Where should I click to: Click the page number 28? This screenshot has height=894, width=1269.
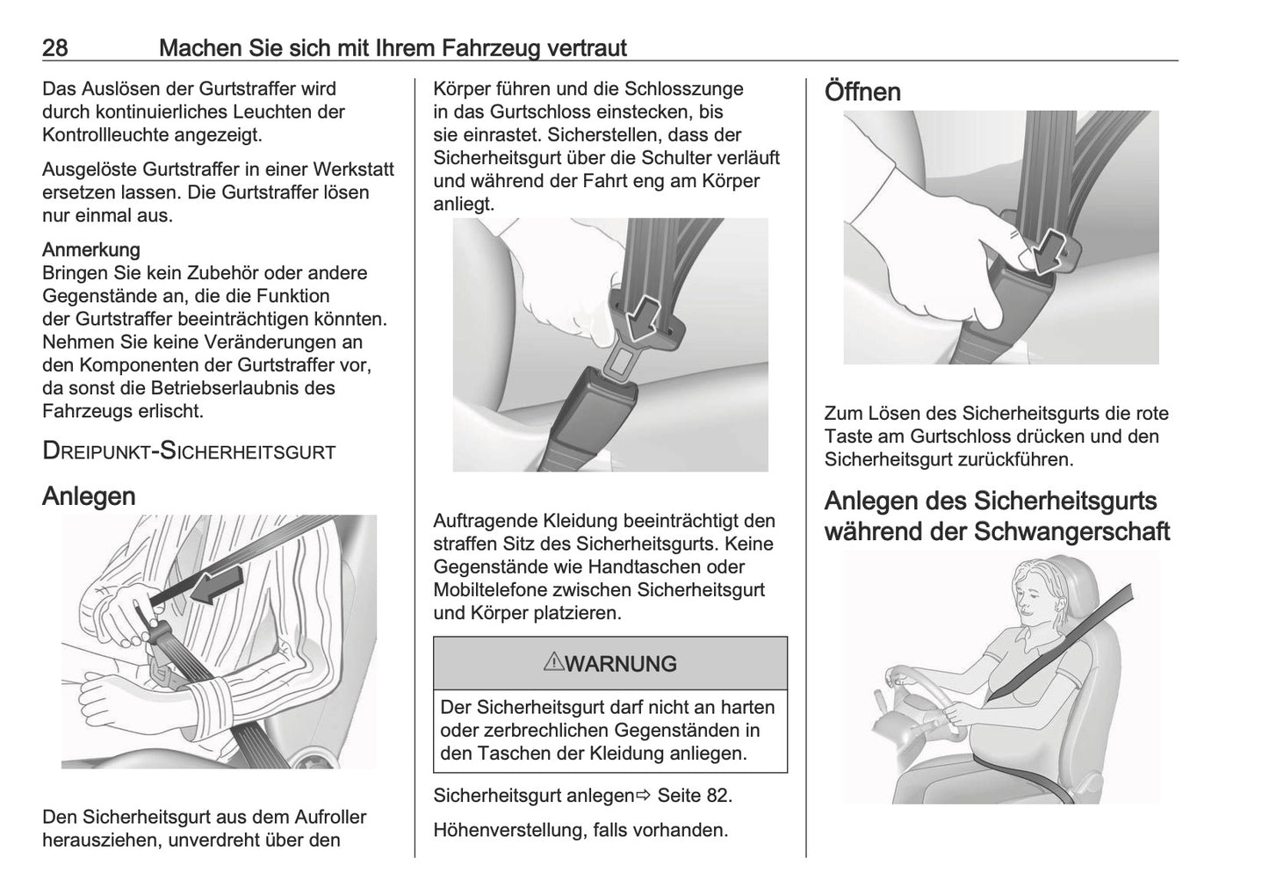(x=55, y=47)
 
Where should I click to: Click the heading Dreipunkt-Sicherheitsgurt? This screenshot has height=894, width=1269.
(x=189, y=451)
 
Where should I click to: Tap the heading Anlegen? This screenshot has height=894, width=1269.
(x=89, y=496)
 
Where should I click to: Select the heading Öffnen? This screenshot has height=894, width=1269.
(x=862, y=91)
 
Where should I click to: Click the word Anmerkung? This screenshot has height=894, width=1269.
(x=91, y=249)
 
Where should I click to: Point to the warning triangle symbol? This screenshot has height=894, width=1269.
(x=552, y=663)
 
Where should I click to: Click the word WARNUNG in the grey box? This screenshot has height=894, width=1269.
(x=621, y=664)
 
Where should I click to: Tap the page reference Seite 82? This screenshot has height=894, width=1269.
(x=694, y=796)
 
